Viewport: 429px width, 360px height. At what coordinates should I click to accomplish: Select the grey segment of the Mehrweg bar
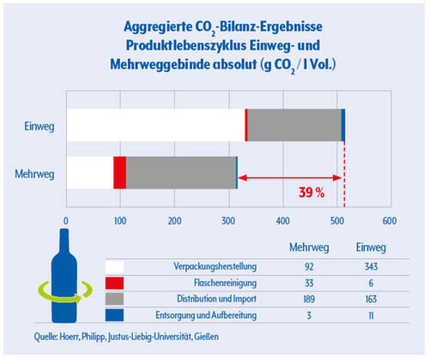click(x=181, y=172)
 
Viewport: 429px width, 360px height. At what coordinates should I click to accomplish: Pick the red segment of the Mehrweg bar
click(x=120, y=172)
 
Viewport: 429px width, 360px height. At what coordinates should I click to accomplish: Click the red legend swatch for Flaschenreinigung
click(x=114, y=283)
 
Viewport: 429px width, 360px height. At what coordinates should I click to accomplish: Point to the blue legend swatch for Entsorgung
click(x=114, y=315)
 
